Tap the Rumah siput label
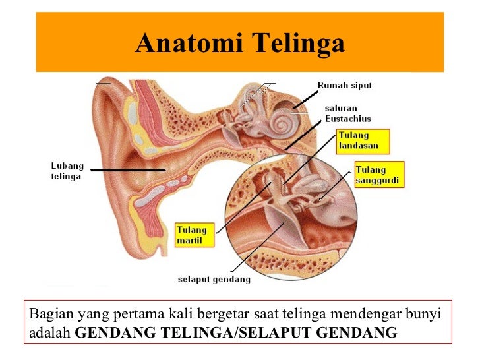(x=344, y=86)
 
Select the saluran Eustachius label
(x=347, y=113)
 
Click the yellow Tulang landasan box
(x=362, y=140)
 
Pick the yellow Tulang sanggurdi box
(x=378, y=173)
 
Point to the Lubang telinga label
(x=66, y=171)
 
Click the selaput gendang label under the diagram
(x=214, y=279)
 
